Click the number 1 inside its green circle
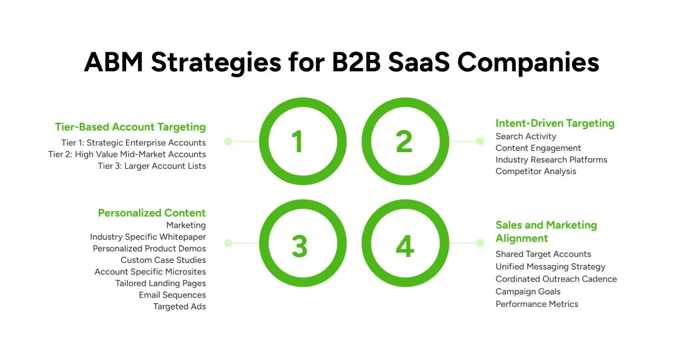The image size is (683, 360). (298, 141)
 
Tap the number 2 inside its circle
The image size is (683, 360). (404, 141)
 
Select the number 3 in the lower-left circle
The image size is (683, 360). (299, 246)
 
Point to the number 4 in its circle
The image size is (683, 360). (405, 246)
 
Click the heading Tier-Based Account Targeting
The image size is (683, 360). (130, 127)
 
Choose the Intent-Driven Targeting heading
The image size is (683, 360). (555, 123)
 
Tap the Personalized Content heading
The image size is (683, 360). (152, 213)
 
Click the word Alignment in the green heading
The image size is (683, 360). (522, 238)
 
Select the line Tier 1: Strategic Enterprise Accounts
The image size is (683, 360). (134, 143)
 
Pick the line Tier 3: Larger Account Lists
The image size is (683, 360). (152, 166)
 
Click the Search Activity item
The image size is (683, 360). (526, 136)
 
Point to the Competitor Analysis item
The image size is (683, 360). (536, 171)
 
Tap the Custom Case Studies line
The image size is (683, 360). (163, 260)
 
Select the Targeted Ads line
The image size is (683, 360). (179, 306)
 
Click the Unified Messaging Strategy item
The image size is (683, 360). (550, 266)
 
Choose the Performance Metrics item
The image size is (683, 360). (537, 304)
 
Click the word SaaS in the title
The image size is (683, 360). (419, 62)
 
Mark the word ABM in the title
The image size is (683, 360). (113, 62)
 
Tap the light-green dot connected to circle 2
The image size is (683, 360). (480, 141)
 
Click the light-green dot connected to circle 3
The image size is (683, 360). (228, 243)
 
